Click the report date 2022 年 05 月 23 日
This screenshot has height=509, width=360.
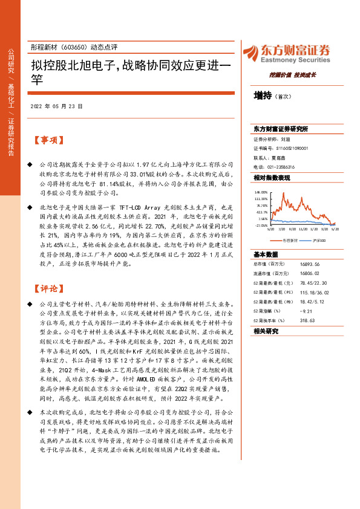point(56,106)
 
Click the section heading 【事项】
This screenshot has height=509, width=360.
point(50,141)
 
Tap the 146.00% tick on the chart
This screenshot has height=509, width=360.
point(261,192)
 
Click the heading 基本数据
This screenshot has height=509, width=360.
point(266,254)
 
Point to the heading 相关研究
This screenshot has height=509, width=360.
point(266,331)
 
